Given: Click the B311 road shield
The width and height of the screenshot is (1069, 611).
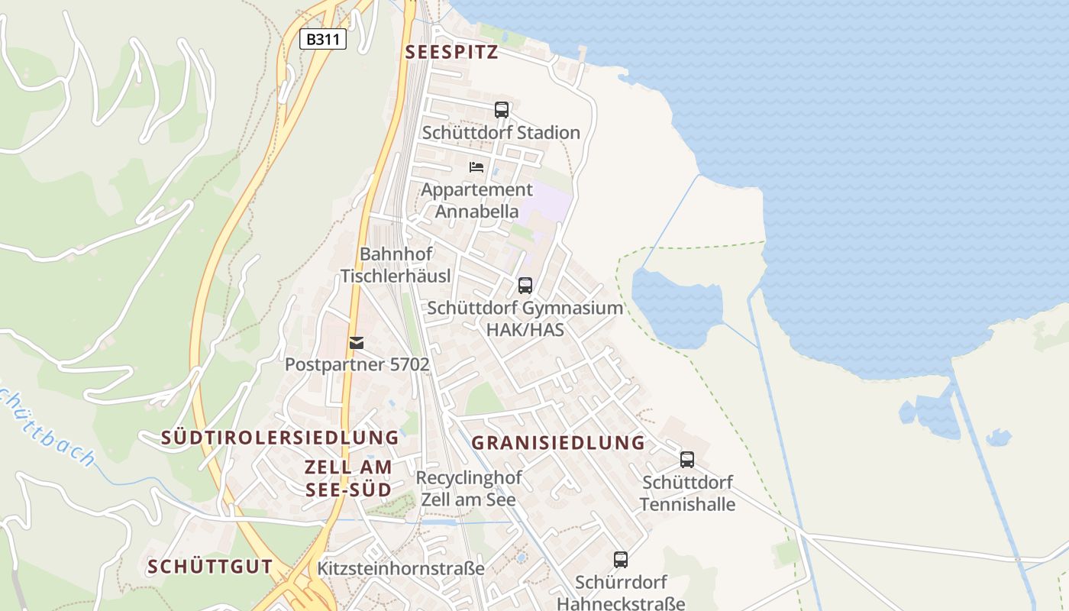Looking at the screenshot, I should coord(322,40).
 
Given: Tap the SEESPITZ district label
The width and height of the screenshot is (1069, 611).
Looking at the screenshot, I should coord(451,53).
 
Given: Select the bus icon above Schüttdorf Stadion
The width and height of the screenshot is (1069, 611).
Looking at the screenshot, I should coord(501,109).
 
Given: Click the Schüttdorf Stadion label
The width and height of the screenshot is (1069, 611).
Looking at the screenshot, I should coord(501,133).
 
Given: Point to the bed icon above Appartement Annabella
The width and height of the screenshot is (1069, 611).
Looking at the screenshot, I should coord(476,166).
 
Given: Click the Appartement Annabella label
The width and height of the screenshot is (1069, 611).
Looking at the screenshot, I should coord(476,200).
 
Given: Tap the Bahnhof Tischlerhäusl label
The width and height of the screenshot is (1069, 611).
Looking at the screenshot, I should coord(396,265).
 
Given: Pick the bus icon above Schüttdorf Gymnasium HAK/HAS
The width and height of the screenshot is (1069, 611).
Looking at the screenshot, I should coord(525,286).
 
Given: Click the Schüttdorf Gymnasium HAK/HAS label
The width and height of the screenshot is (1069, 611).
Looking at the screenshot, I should coord(525,318).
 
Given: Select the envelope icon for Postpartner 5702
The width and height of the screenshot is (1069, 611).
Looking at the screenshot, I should coord(357,343).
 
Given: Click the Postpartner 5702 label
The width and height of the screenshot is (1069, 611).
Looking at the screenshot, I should coord(357,365).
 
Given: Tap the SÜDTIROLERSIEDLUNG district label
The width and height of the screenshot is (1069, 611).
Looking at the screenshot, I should coord(279,438).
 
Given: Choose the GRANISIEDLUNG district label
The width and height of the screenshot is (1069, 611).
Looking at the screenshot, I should coord(558,443).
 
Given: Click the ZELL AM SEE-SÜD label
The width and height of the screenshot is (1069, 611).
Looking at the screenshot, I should coord(348,478).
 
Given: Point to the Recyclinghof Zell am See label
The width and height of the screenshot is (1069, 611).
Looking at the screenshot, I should coord(468,489).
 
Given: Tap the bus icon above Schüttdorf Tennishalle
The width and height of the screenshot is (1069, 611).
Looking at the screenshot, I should coord(687,460).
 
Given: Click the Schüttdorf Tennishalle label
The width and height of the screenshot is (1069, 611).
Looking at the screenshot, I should coord(687,493).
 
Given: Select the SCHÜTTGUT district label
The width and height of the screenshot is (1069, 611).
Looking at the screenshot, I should coord(210,567).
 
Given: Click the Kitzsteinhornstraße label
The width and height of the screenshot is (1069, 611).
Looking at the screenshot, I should coord(401,569).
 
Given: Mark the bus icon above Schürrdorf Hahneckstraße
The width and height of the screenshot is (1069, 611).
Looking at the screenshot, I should coord(620,560).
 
